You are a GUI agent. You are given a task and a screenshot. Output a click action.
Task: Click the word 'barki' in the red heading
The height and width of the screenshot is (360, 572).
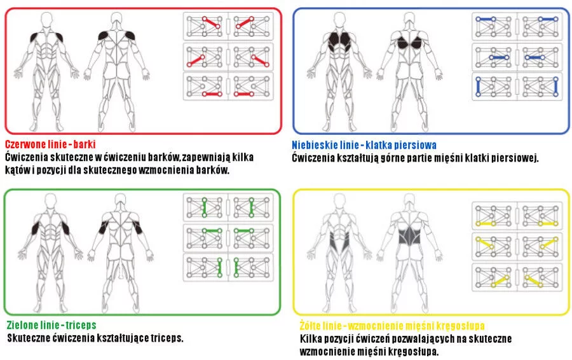click(x=85, y=144)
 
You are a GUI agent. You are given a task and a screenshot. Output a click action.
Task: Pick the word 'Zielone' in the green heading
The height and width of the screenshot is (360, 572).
click(x=22, y=325)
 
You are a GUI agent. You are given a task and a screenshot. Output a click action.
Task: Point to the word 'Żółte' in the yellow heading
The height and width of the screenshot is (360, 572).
click(x=311, y=325)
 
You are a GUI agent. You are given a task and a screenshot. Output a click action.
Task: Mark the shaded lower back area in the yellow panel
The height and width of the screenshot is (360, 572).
click(x=409, y=235)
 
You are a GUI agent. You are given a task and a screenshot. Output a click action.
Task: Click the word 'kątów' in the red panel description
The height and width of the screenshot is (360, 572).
click(x=18, y=170)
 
